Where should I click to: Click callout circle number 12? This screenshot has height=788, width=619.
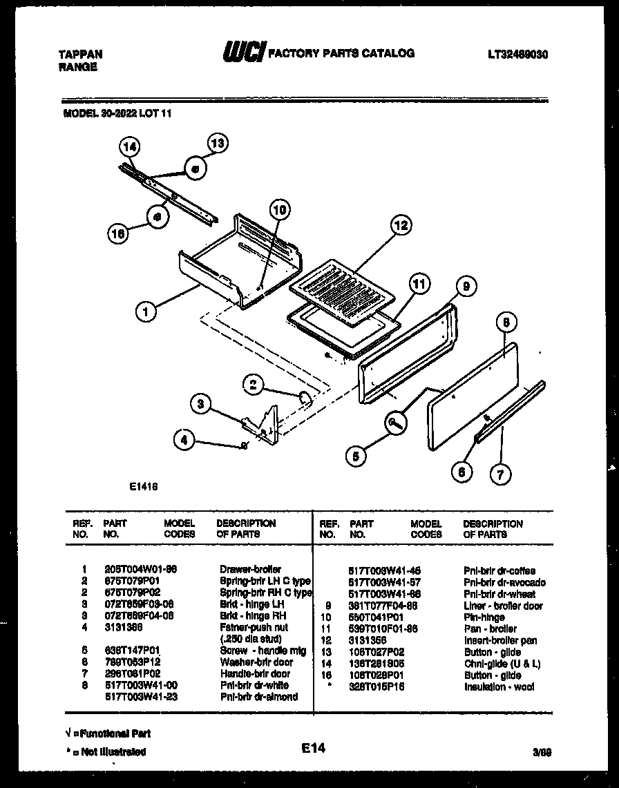pos(400,224)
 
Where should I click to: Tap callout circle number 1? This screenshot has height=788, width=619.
pos(145,311)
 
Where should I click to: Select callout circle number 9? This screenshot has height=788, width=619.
pos(466,285)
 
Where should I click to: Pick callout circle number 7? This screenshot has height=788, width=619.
pos(500,473)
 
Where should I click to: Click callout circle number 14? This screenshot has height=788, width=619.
pos(129,146)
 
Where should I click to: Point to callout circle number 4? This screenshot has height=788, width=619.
pos(184,439)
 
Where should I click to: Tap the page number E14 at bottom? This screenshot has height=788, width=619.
pos(313,747)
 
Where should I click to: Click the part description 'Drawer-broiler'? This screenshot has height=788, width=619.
pos(250,570)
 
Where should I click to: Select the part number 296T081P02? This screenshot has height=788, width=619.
pos(131,673)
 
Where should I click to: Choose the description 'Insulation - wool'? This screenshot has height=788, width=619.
pos(499,687)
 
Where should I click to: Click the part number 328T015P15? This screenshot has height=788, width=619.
pos(377,687)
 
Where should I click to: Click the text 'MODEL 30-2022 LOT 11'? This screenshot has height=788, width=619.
pos(113,115)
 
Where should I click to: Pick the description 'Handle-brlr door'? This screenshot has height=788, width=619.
pos(255,673)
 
